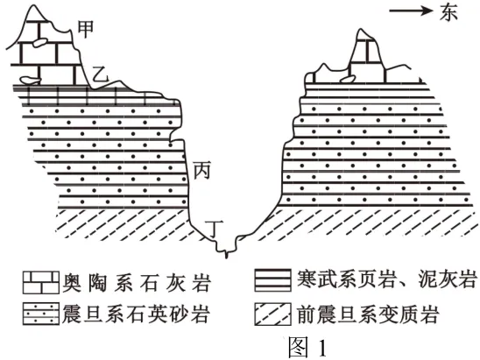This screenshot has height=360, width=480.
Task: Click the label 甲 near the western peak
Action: (x=86, y=30)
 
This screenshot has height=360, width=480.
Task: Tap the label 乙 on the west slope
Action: (x=100, y=74)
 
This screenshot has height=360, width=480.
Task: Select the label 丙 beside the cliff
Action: (x=201, y=170)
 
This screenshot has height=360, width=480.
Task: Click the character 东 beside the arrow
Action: (x=448, y=12)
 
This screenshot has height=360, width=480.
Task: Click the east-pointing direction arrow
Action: (x=411, y=11)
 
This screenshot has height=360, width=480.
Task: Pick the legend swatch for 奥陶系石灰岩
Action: (x=40, y=282)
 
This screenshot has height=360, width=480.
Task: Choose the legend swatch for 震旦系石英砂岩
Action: (x=40, y=314)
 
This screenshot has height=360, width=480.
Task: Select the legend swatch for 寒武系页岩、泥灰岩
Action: (x=273, y=280)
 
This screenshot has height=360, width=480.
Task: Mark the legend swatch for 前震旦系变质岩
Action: (x=273, y=314)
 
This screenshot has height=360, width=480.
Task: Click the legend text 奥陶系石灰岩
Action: (x=137, y=282)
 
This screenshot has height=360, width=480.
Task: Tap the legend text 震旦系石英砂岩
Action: (x=137, y=314)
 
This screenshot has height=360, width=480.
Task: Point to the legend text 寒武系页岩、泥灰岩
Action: (x=386, y=279)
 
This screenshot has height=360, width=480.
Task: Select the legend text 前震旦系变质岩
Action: (x=368, y=314)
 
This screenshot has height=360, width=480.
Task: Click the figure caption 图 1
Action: (x=307, y=347)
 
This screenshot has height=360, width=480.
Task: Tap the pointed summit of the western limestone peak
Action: (x=36, y=5)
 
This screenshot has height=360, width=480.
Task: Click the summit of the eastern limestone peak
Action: (x=362, y=30)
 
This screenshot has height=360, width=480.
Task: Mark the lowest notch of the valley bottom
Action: (x=227, y=257)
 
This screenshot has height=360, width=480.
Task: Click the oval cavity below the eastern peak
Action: (x=348, y=80)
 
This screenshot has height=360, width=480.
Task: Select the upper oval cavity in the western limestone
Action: (x=40, y=43)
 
